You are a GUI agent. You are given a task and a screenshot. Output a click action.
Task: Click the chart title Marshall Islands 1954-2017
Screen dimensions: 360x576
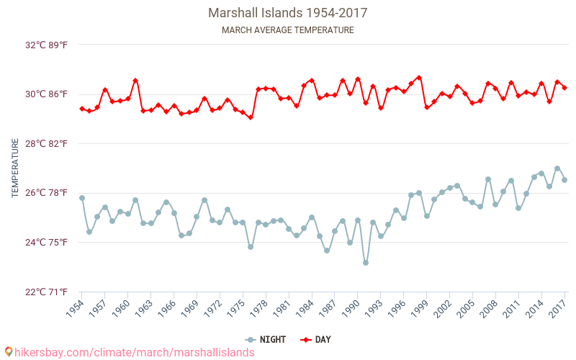(288, 13)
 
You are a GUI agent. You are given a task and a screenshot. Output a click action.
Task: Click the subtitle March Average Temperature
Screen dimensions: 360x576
(288, 30)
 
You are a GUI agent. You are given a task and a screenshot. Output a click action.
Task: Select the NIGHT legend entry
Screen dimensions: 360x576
(267, 339)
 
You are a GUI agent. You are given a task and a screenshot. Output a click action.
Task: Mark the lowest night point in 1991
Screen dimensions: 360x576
(366, 263)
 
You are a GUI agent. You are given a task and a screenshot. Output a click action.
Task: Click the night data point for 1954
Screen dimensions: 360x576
(82, 198)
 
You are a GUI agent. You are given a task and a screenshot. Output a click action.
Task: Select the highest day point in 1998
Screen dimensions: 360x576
(419, 78)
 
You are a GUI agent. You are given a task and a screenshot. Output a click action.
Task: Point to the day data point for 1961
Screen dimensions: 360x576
(135, 81)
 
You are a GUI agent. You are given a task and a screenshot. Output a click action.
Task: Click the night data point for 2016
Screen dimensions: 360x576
(557, 168)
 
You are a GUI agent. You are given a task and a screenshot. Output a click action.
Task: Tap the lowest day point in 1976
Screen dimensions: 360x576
(251, 117)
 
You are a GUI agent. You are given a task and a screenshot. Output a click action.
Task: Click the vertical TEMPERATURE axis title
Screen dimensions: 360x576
(15, 168)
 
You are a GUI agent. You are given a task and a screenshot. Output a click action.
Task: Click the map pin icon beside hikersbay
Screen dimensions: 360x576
(9, 352)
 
